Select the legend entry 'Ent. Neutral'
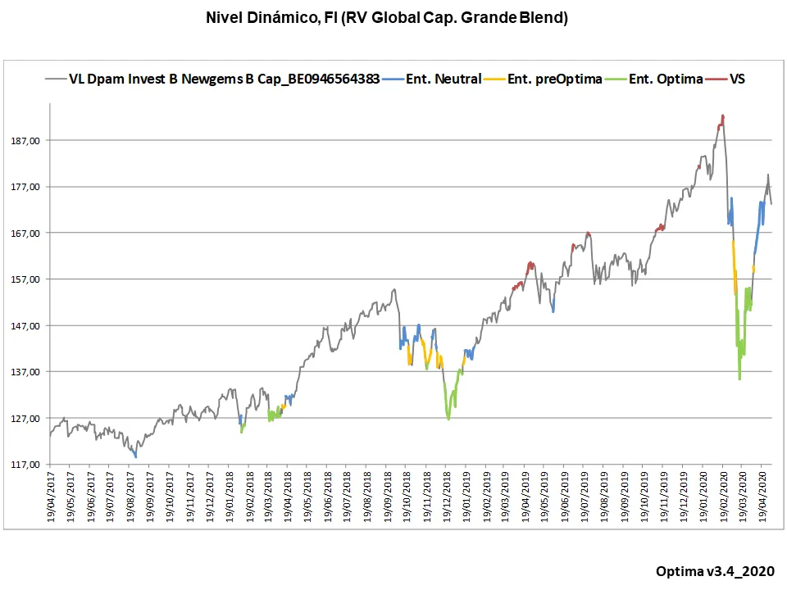444,79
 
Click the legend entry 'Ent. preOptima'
555,79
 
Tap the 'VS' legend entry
736,79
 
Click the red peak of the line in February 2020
722,116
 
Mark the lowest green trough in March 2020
739,379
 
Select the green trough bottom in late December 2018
448,419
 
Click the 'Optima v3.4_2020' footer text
715,571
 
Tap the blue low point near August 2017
135,456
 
